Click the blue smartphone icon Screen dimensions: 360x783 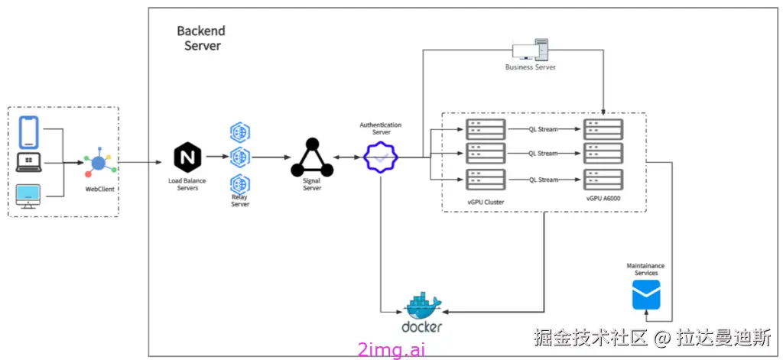[x=30, y=131]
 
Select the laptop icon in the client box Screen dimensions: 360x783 [x=30, y=162]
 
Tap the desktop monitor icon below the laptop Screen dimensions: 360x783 [x=30, y=195]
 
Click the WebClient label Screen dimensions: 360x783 [x=99, y=188]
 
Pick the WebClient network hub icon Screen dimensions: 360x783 [x=99, y=162]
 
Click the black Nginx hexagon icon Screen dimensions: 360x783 [x=187, y=158]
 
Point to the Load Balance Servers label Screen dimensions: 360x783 [x=187, y=184]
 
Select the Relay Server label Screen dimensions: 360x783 [x=240, y=201]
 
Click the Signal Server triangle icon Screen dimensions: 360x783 [x=311, y=158]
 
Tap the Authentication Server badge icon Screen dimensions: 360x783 [x=381, y=157]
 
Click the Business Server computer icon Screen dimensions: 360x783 [x=530, y=50]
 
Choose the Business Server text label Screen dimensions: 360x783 [x=530, y=67]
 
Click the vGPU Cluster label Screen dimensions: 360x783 [x=487, y=200]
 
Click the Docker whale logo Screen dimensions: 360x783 [x=422, y=307]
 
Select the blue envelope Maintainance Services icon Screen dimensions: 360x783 [x=645, y=294]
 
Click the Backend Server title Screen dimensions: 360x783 [x=201, y=38]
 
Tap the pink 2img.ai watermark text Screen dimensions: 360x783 [x=391, y=349]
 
